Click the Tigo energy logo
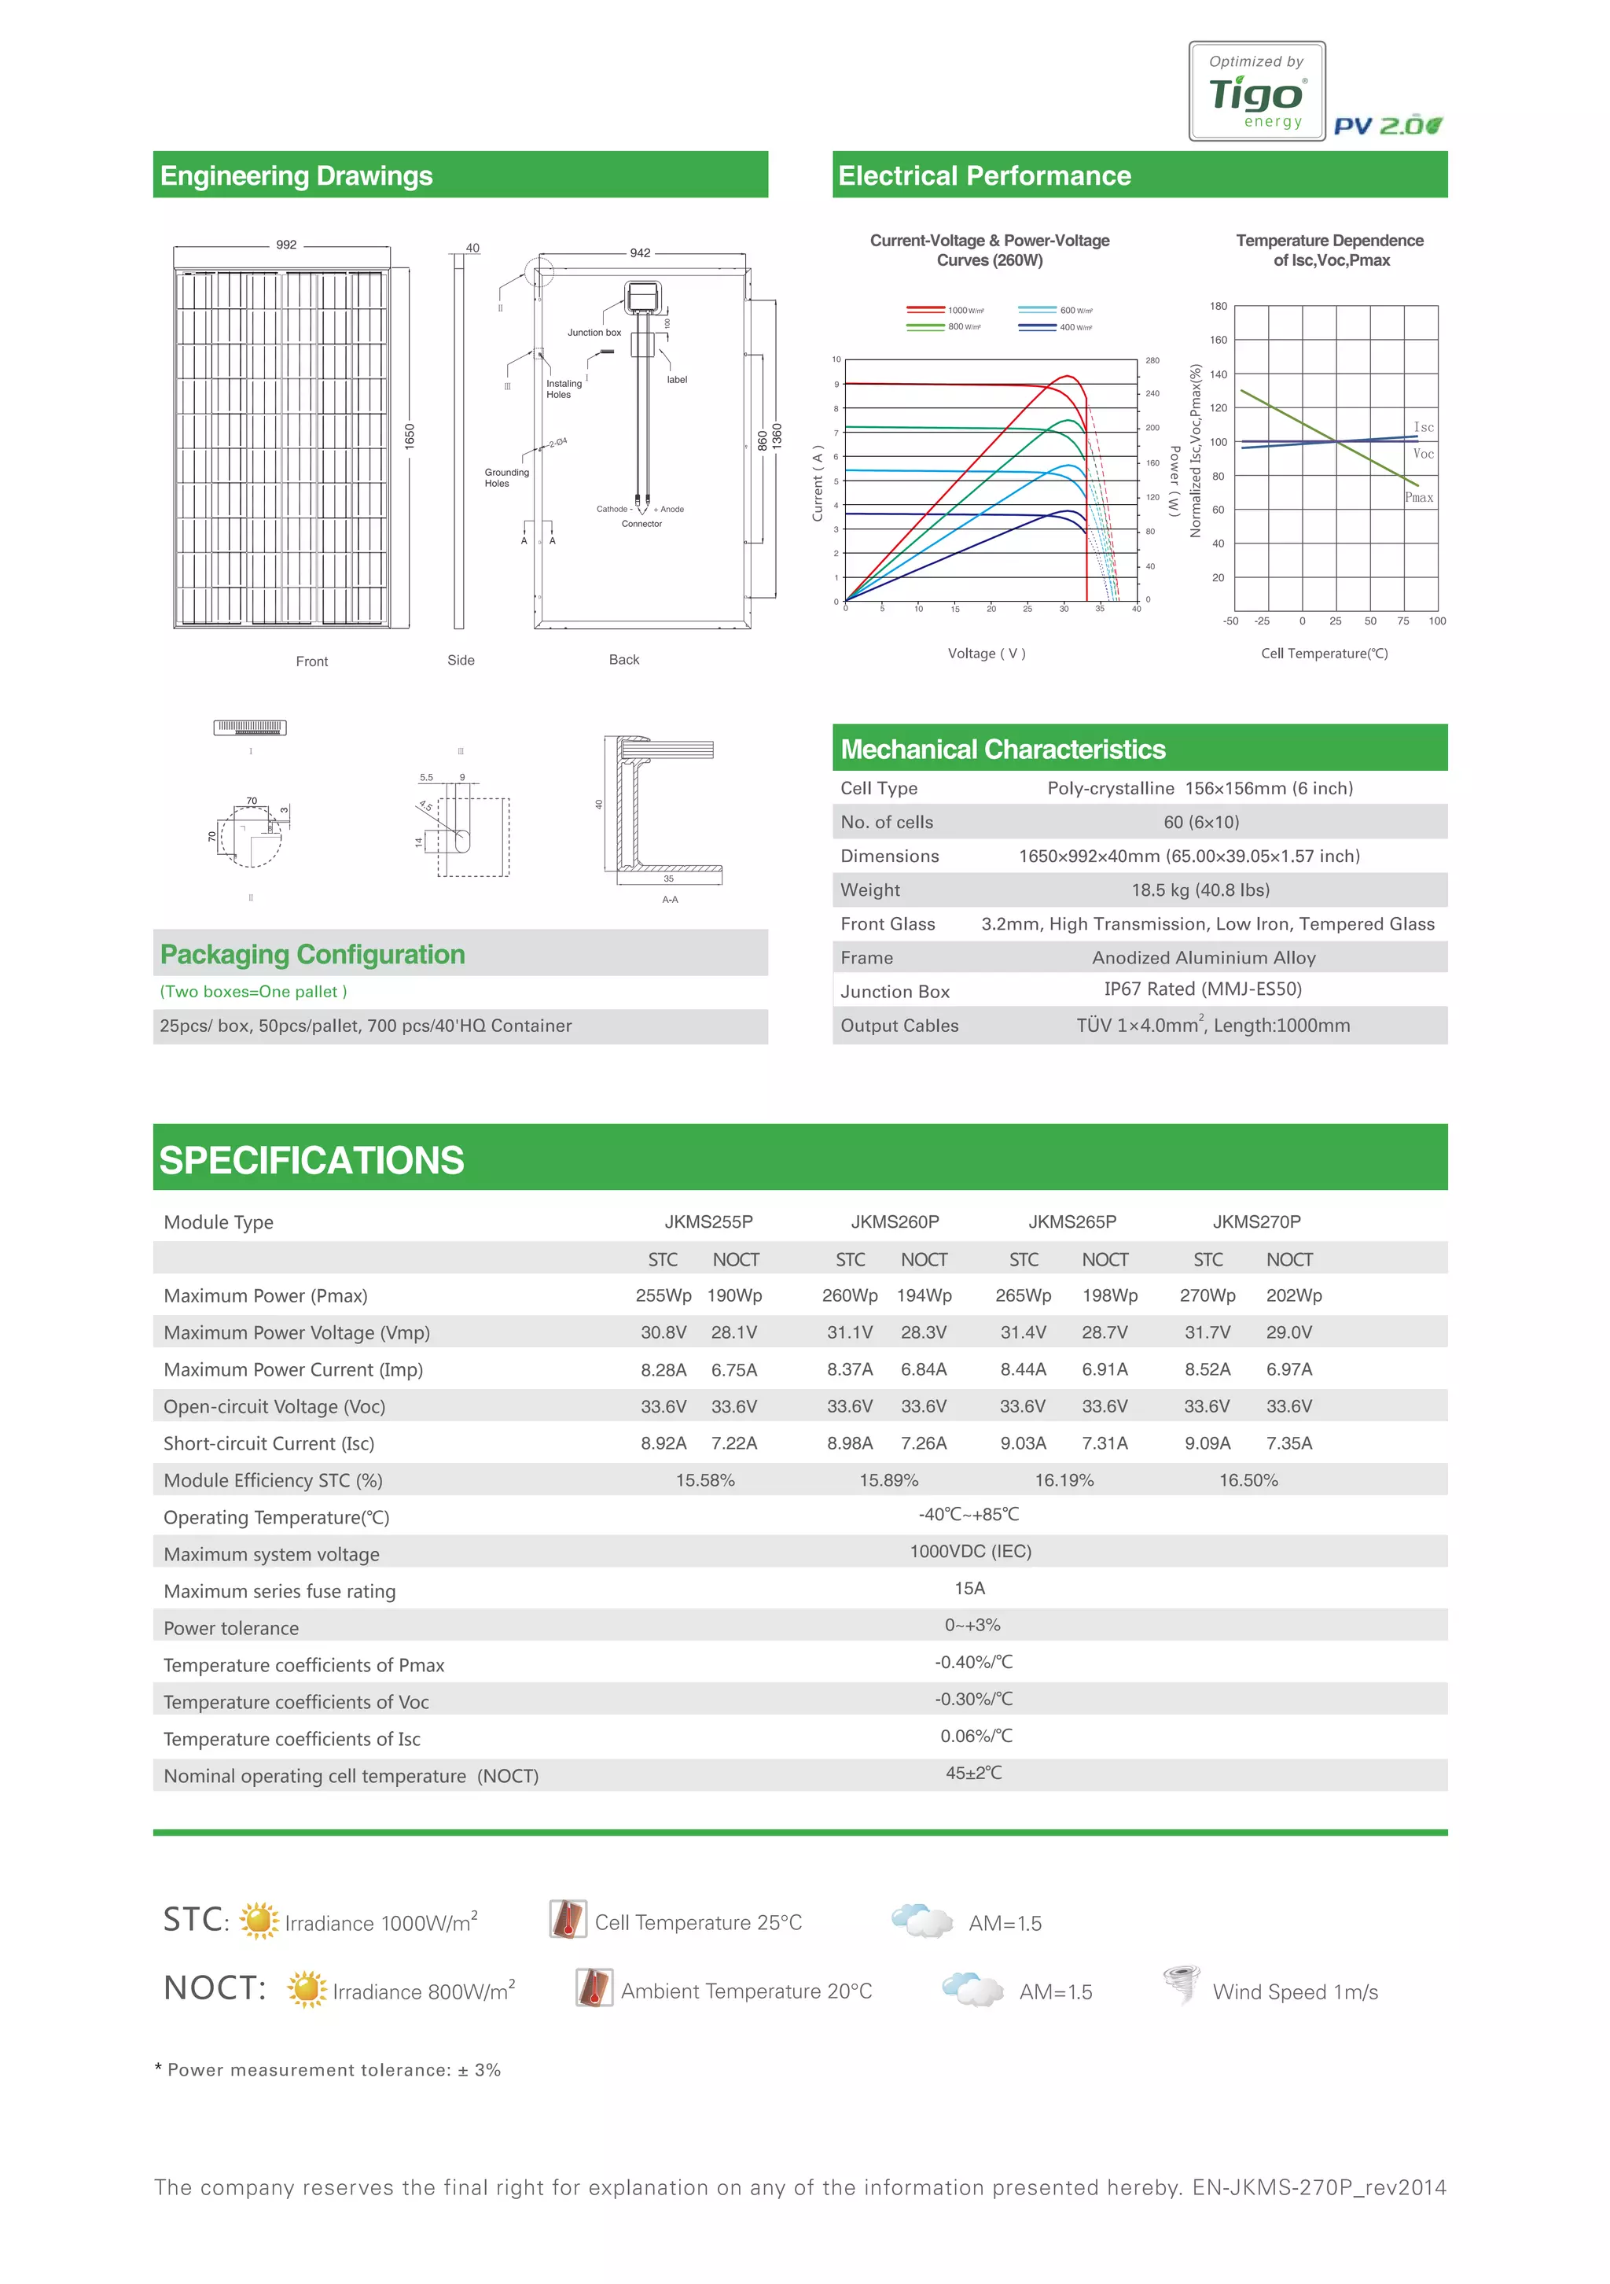click(x=1256, y=91)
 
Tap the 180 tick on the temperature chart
click(x=1219, y=307)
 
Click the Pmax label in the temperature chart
click(x=1419, y=497)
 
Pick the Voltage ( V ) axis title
click(x=986, y=654)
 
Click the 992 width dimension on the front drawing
click(x=286, y=245)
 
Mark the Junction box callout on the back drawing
click(x=594, y=332)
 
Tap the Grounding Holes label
click(x=506, y=477)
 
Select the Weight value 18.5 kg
click(x=1200, y=890)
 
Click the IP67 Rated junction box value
click(x=1201, y=989)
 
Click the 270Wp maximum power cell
click(x=1207, y=1295)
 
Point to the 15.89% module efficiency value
click(x=888, y=1480)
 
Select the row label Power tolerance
click(x=230, y=1628)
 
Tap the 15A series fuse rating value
click(x=969, y=1589)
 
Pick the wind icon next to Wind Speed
click(x=1182, y=1986)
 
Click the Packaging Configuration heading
click(x=312, y=955)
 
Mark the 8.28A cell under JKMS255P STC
click(x=663, y=1370)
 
